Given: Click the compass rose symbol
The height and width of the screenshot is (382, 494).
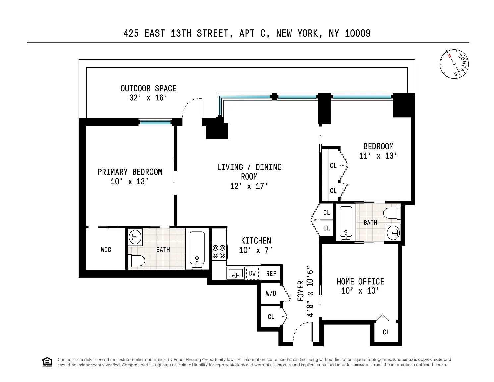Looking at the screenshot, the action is (454, 64).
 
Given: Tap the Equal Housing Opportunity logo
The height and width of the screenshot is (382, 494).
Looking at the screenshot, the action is (47, 362).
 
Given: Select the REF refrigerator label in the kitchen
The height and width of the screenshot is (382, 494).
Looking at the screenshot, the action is (271, 273).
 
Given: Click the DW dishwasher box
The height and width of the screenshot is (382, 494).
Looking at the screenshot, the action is (252, 273).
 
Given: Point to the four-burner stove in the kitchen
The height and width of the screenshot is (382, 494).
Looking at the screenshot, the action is (219, 251).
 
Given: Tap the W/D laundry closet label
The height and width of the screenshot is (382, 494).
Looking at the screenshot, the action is (271, 293).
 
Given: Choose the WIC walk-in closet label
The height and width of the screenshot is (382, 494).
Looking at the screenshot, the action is (106, 250).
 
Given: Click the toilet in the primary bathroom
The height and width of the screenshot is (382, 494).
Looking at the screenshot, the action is (137, 261).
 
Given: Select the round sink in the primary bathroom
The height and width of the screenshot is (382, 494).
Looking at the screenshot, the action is (135, 237).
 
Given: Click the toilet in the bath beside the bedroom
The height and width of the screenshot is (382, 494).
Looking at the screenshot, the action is (392, 213).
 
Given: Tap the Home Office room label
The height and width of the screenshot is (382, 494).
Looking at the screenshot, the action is (360, 282).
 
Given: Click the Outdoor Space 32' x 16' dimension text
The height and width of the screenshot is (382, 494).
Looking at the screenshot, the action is (148, 98).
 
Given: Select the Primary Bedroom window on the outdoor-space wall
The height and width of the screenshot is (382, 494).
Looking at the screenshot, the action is (155, 122).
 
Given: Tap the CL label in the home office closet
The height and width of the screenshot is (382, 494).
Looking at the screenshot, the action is (386, 332).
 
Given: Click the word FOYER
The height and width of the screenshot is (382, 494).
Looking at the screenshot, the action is (301, 291).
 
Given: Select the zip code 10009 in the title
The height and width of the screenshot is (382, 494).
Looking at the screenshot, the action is (357, 33).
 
